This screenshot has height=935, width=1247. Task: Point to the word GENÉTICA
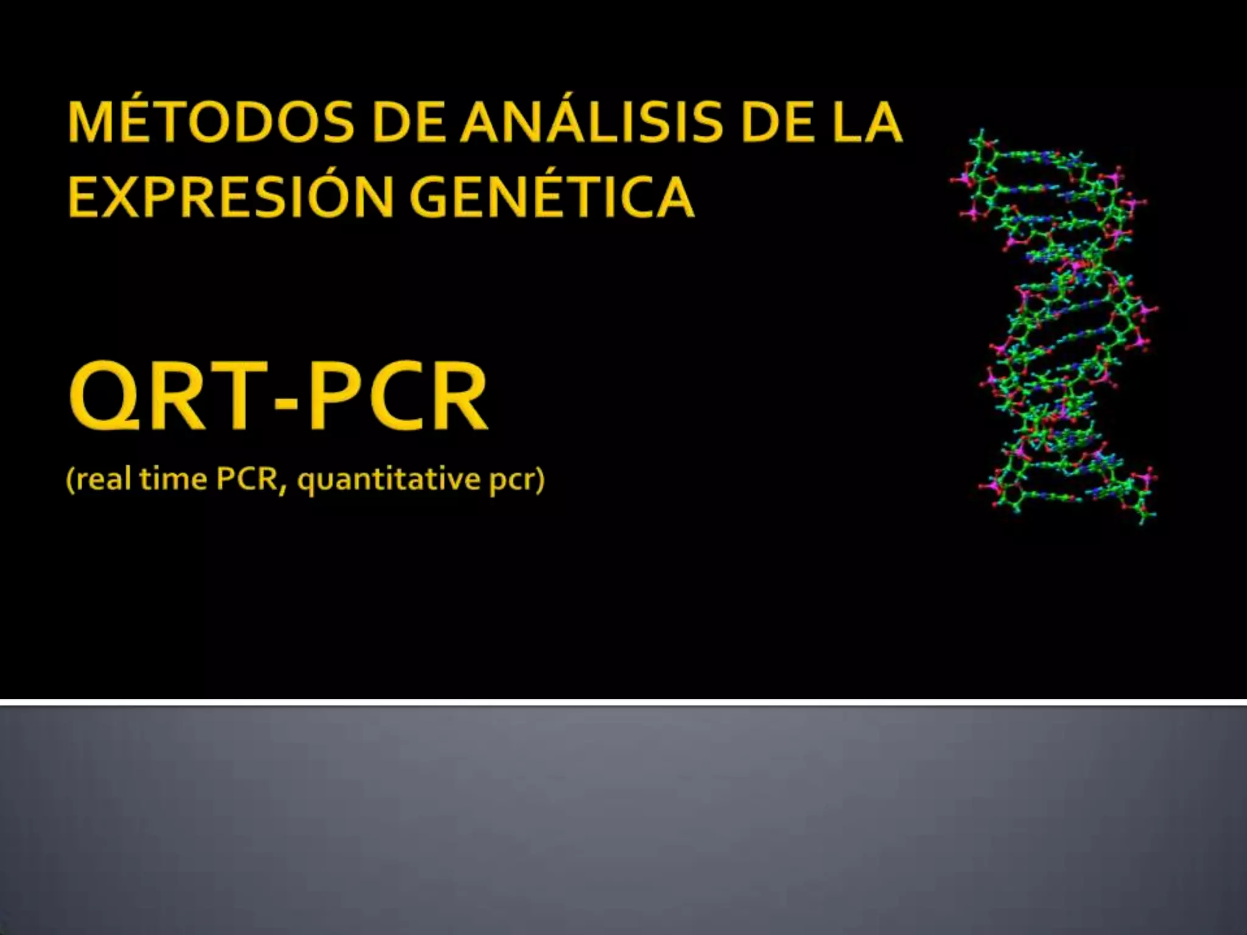point(551,196)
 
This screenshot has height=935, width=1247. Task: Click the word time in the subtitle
point(173,479)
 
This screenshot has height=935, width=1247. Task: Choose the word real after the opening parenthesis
point(104,479)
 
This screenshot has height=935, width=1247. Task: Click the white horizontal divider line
point(623,702)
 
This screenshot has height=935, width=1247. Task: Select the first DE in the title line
point(409,123)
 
